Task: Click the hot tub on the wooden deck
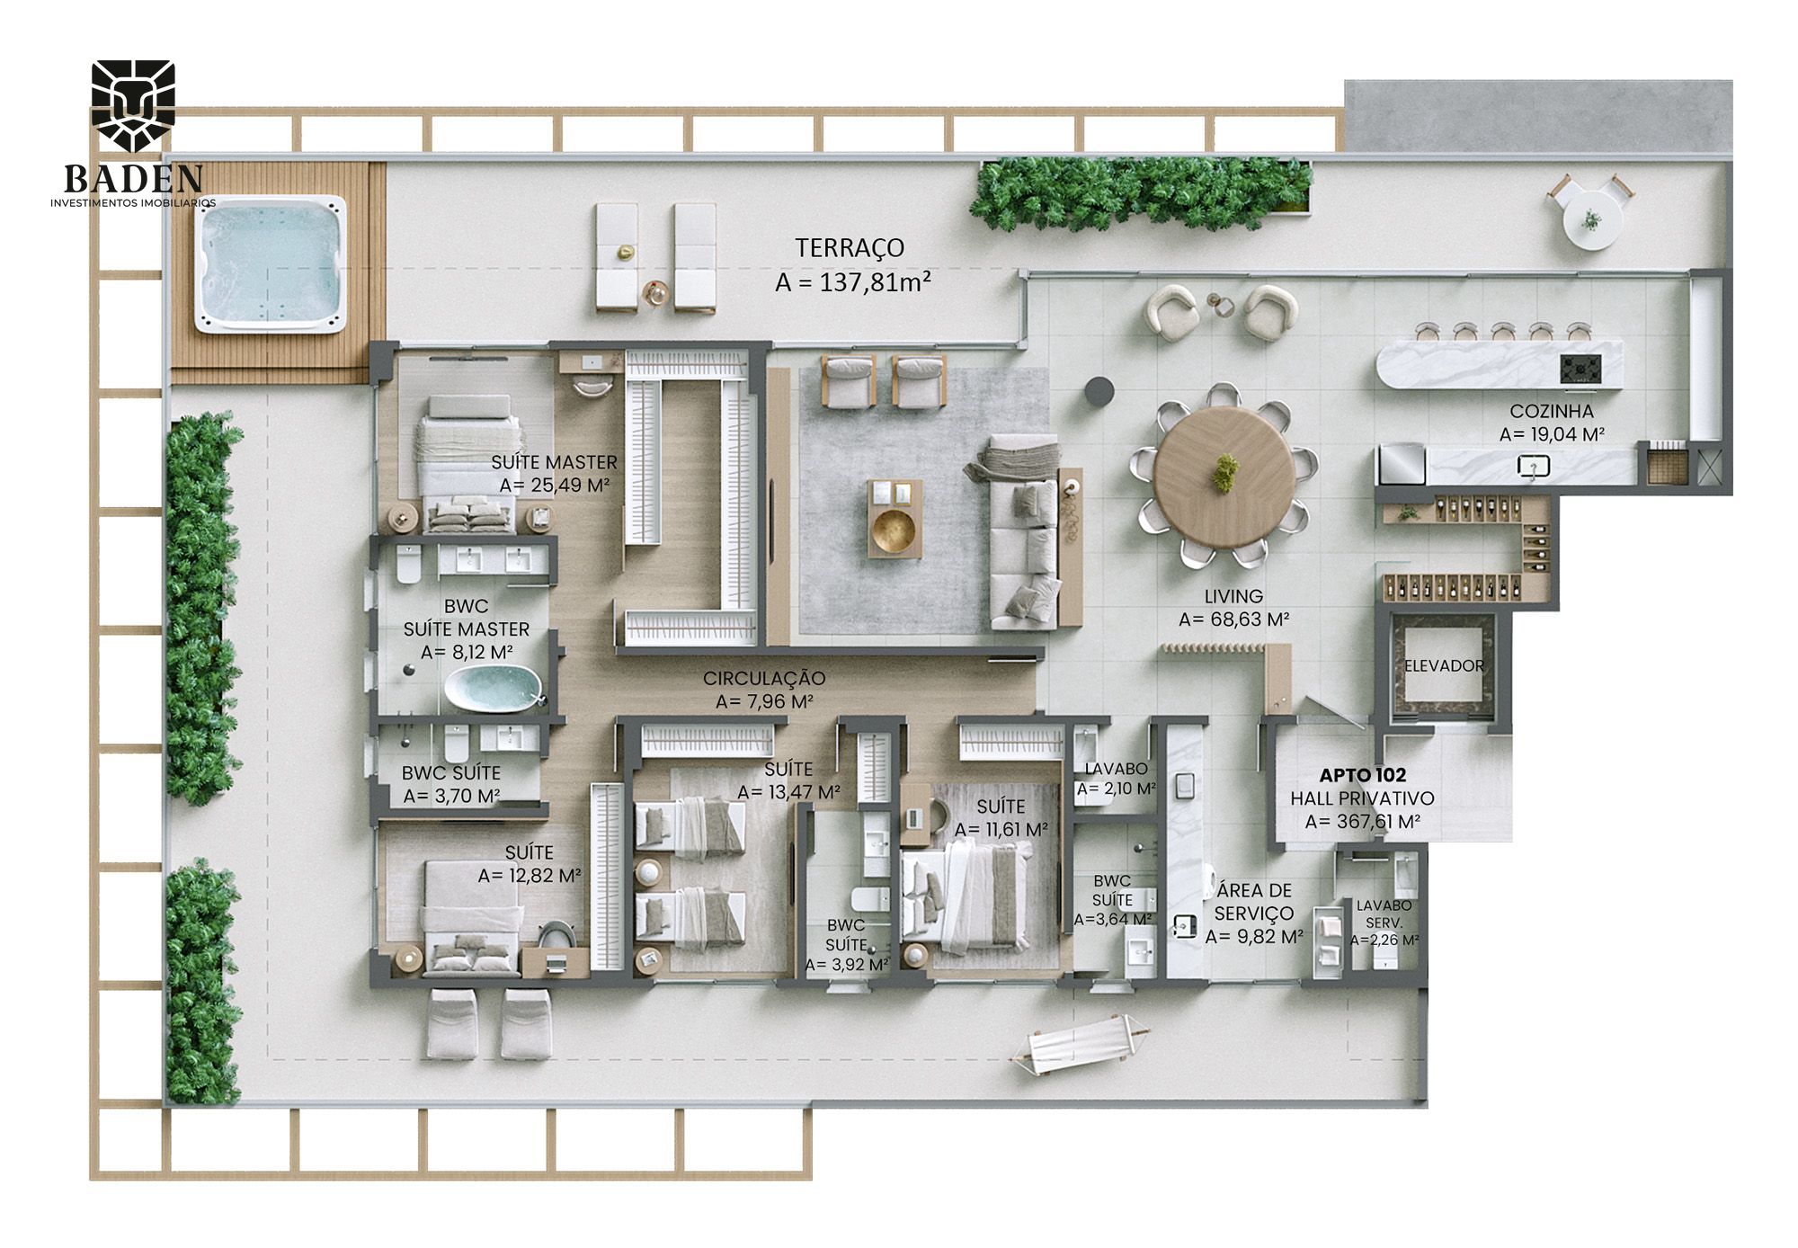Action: [x=271, y=265]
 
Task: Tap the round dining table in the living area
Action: [x=1224, y=476]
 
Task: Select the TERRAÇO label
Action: [x=850, y=247]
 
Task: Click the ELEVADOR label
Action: [x=1444, y=665]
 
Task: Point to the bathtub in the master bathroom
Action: [x=494, y=689]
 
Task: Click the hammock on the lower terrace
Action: [x=1078, y=1043]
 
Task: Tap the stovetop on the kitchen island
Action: [x=1580, y=369]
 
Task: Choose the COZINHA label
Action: [x=1552, y=411]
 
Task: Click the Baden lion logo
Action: [x=134, y=105]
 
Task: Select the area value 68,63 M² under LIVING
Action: [x=1233, y=620]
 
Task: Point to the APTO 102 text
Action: [x=1362, y=775]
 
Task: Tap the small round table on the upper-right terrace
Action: [x=1592, y=220]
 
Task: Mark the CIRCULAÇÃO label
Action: [x=764, y=679]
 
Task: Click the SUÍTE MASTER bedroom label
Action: [x=554, y=462]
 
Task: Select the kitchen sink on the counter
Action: [x=1534, y=466]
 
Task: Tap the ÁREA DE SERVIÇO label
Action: [x=1254, y=902]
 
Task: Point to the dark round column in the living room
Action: [x=1099, y=390]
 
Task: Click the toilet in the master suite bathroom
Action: [x=409, y=565]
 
